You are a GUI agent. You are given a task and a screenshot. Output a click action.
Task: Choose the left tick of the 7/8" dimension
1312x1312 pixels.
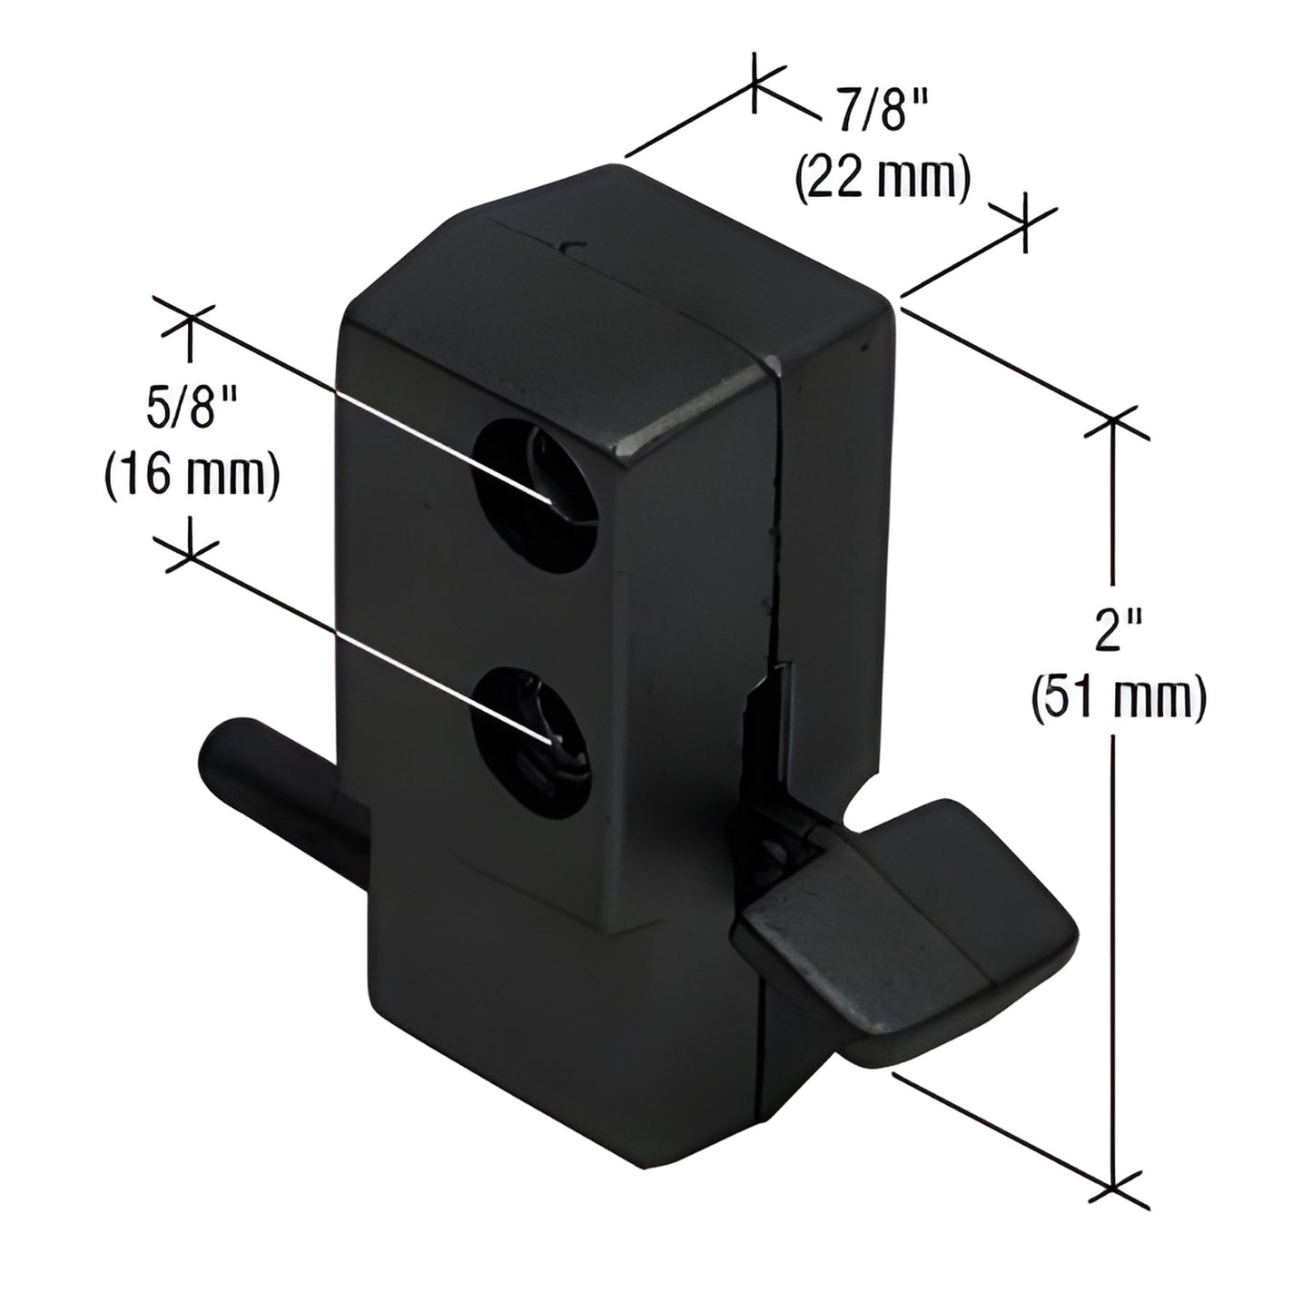pos(755,84)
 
